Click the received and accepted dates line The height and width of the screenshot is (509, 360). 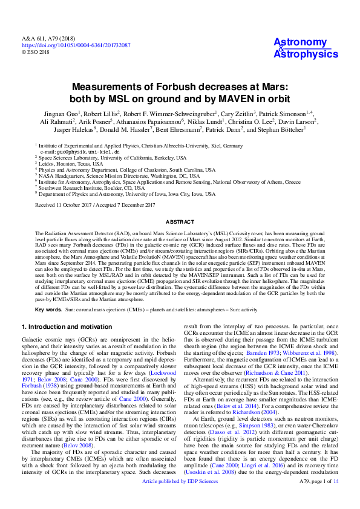(95, 206)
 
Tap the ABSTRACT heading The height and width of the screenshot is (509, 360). (180, 222)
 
